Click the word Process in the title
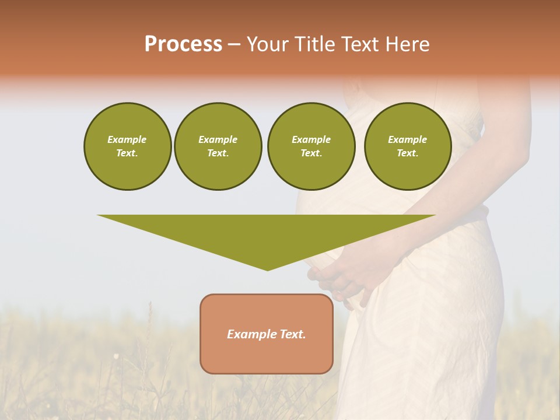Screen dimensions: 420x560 pyautogui.click(x=183, y=44)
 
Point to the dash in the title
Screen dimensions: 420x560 pyautogui.click(x=234, y=45)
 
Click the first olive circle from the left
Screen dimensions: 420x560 pyautogui.click(x=127, y=146)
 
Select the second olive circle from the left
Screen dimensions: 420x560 pyautogui.click(x=218, y=146)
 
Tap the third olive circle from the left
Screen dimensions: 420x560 pyautogui.click(x=311, y=146)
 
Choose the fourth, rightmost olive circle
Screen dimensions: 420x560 pyautogui.click(x=407, y=146)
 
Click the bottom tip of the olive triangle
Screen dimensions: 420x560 pyautogui.click(x=267, y=269)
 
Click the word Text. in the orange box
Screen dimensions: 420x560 pyautogui.click(x=293, y=334)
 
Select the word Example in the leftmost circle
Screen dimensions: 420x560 pyautogui.click(x=127, y=139)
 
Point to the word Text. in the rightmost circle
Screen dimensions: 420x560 pyautogui.click(x=407, y=153)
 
